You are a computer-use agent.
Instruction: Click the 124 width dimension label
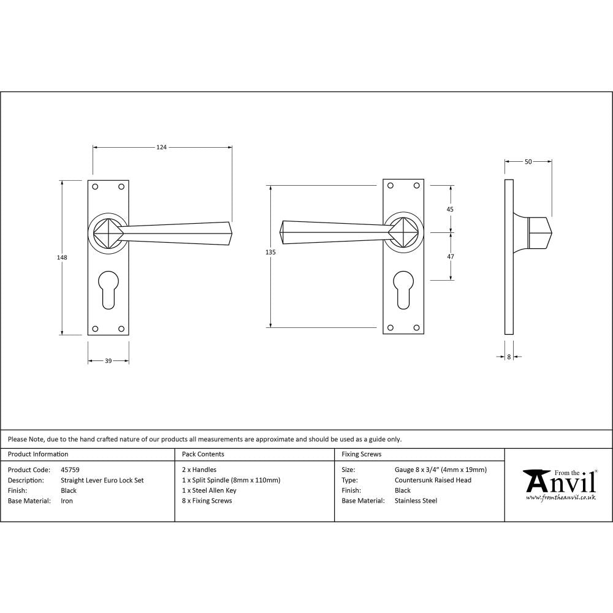161,147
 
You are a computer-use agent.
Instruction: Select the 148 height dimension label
62,257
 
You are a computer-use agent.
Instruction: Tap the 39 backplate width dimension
108,361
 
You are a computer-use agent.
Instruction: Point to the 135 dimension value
271,253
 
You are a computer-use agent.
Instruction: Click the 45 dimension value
450,210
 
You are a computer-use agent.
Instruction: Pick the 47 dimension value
450,257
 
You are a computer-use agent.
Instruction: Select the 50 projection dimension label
528,162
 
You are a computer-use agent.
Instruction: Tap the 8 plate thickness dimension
509,356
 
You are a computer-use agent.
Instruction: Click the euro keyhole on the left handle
108,291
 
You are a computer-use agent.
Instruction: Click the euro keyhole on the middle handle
403,291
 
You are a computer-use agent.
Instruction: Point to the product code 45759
70,470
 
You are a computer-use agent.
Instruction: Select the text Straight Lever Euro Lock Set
102,481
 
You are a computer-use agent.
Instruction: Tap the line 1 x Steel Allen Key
209,490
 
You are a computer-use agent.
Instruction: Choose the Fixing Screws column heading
361,454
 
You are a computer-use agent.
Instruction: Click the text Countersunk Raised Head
433,481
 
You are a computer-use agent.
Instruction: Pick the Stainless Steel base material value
416,501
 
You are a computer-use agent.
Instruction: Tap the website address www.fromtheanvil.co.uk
560,498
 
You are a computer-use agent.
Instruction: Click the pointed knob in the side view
539,234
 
